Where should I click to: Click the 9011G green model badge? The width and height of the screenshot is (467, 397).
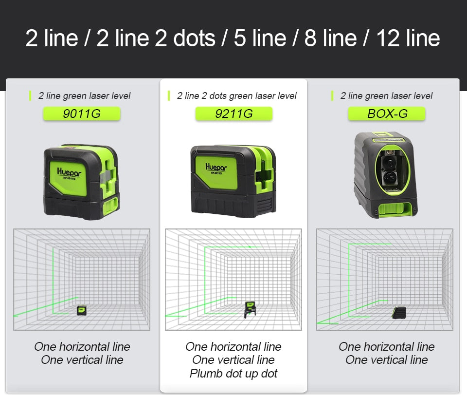point(82,114)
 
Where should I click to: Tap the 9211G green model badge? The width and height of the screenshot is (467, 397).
point(233,114)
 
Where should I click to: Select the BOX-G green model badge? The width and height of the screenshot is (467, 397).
point(387,114)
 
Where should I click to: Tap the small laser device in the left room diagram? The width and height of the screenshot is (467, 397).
point(82,310)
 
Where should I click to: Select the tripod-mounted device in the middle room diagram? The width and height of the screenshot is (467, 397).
point(250,309)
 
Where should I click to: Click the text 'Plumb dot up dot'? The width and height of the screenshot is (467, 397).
point(233,374)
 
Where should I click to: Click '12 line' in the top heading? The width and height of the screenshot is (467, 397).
point(408,38)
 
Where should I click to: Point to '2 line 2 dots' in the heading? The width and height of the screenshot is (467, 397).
point(156,38)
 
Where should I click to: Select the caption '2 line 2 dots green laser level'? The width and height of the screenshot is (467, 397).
point(236,96)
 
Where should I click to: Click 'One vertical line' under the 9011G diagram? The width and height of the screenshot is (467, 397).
point(82,360)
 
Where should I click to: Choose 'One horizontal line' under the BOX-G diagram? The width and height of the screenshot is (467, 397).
point(387,347)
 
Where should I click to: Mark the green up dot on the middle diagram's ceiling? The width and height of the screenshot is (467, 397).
point(250,247)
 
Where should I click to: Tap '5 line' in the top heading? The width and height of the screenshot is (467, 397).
point(260,38)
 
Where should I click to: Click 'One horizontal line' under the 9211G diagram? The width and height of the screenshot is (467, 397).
point(233,347)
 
